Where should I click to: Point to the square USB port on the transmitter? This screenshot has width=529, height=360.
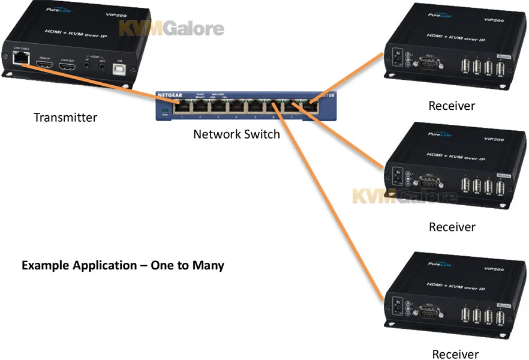(119, 65)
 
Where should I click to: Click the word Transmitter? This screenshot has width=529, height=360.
(65, 117)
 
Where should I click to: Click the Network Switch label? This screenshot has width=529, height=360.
(236, 134)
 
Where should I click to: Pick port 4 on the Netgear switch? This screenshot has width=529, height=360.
(236, 107)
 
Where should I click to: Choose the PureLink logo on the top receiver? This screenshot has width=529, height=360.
(440, 16)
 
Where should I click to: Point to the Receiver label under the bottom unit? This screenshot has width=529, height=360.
(455, 354)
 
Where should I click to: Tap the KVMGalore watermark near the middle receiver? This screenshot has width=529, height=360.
(404, 196)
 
